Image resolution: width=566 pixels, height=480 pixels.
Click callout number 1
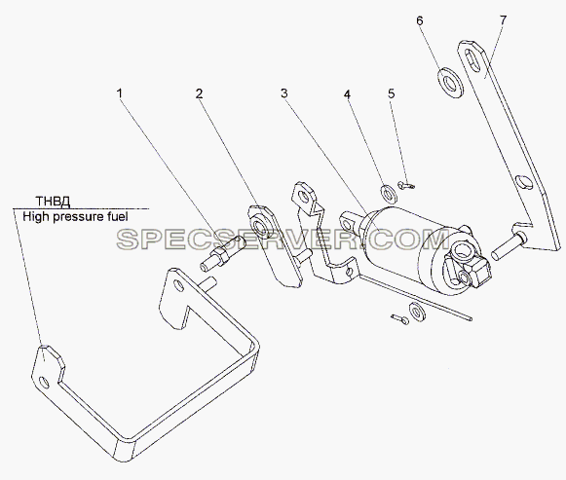click(x=119, y=93)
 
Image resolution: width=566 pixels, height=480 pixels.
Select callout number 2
click(x=200, y=93)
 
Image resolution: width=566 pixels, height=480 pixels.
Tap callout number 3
click(x=284, y=93)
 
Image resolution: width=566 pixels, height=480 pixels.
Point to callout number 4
click(x=347, y=94)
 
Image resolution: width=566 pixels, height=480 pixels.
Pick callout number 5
click(x=392, y=93)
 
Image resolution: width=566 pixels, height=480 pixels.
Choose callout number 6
click(x=420, y=20)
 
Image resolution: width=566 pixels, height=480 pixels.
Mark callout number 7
click(x=504, y=19)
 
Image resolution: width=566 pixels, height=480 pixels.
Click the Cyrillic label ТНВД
click(x=53, y=201)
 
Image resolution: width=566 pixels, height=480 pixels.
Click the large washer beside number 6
click(x=449, y=83)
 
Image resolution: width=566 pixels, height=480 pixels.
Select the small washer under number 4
click(x=389, y=194)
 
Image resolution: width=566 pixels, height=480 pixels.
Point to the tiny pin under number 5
click(x=406, y=185)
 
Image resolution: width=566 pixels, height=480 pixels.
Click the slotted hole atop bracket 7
click(x=471, y=57)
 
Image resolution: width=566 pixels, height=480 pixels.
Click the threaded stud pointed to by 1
click(x=221, y=253)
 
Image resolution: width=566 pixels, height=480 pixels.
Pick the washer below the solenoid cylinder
click(x=417, y=312)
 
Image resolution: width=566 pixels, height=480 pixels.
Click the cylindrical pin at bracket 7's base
click(x=509, y=242)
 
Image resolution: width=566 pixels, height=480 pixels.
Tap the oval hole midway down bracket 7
click(x=522, y=181)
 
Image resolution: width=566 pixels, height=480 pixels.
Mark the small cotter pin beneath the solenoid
click(x=399, y=318)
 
